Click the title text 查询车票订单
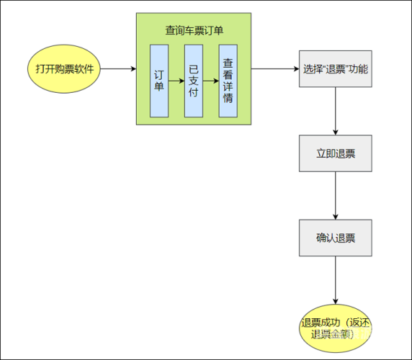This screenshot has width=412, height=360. click(x=194, y=30)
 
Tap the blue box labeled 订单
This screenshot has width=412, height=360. click(x=158, y=80)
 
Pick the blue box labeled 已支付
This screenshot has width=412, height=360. click(x=193, y=80)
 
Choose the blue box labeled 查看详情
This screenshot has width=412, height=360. click(x=228, y=80)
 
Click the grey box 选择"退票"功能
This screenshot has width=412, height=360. click(x=335, y=70)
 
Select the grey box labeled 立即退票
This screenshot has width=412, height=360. click(x=335, y=153)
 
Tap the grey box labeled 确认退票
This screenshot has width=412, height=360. click(x=335, y=238)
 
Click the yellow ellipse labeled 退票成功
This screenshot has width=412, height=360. click(x=335, y=328)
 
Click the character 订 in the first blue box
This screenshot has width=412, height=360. click(x=158, y=74)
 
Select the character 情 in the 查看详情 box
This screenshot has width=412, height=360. click(x=228, y=96)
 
